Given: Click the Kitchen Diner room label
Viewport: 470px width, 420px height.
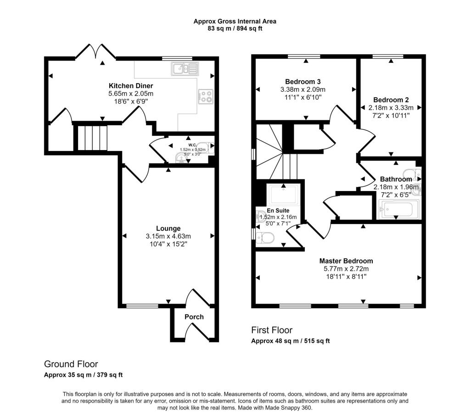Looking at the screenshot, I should point(131,86).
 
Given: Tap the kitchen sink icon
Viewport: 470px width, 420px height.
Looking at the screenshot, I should point(185,69).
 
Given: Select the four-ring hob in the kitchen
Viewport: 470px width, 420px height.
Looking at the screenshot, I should point(205,96).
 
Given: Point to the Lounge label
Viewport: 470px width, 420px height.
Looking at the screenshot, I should point(168,228).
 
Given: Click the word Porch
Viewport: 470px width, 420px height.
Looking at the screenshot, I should point(194,317).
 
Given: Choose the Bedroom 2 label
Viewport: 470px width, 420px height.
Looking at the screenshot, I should point(391,100).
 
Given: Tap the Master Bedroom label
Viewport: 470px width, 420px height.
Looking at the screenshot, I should point(346,261).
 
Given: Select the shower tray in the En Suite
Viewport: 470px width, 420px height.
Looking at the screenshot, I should point(285,195).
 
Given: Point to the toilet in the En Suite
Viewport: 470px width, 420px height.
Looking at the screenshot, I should point(265,238).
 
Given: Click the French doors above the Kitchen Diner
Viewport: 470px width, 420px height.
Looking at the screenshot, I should point(95,52).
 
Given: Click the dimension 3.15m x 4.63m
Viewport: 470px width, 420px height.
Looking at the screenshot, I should point(168,236).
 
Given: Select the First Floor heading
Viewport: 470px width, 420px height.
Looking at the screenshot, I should point(271,330).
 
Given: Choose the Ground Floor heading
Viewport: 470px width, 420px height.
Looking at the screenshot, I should point(71,364).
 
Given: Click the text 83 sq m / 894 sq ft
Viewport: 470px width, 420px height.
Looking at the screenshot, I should point(235,28).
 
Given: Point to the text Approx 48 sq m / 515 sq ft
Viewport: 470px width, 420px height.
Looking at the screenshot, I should point(290,341).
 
